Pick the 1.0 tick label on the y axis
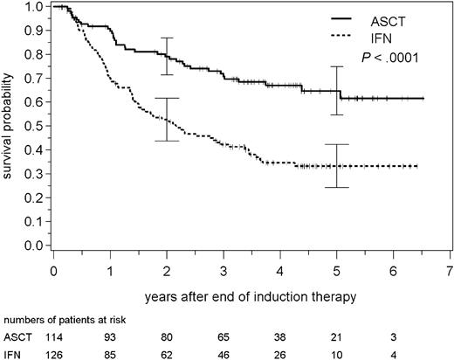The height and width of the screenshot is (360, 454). (32, 7)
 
